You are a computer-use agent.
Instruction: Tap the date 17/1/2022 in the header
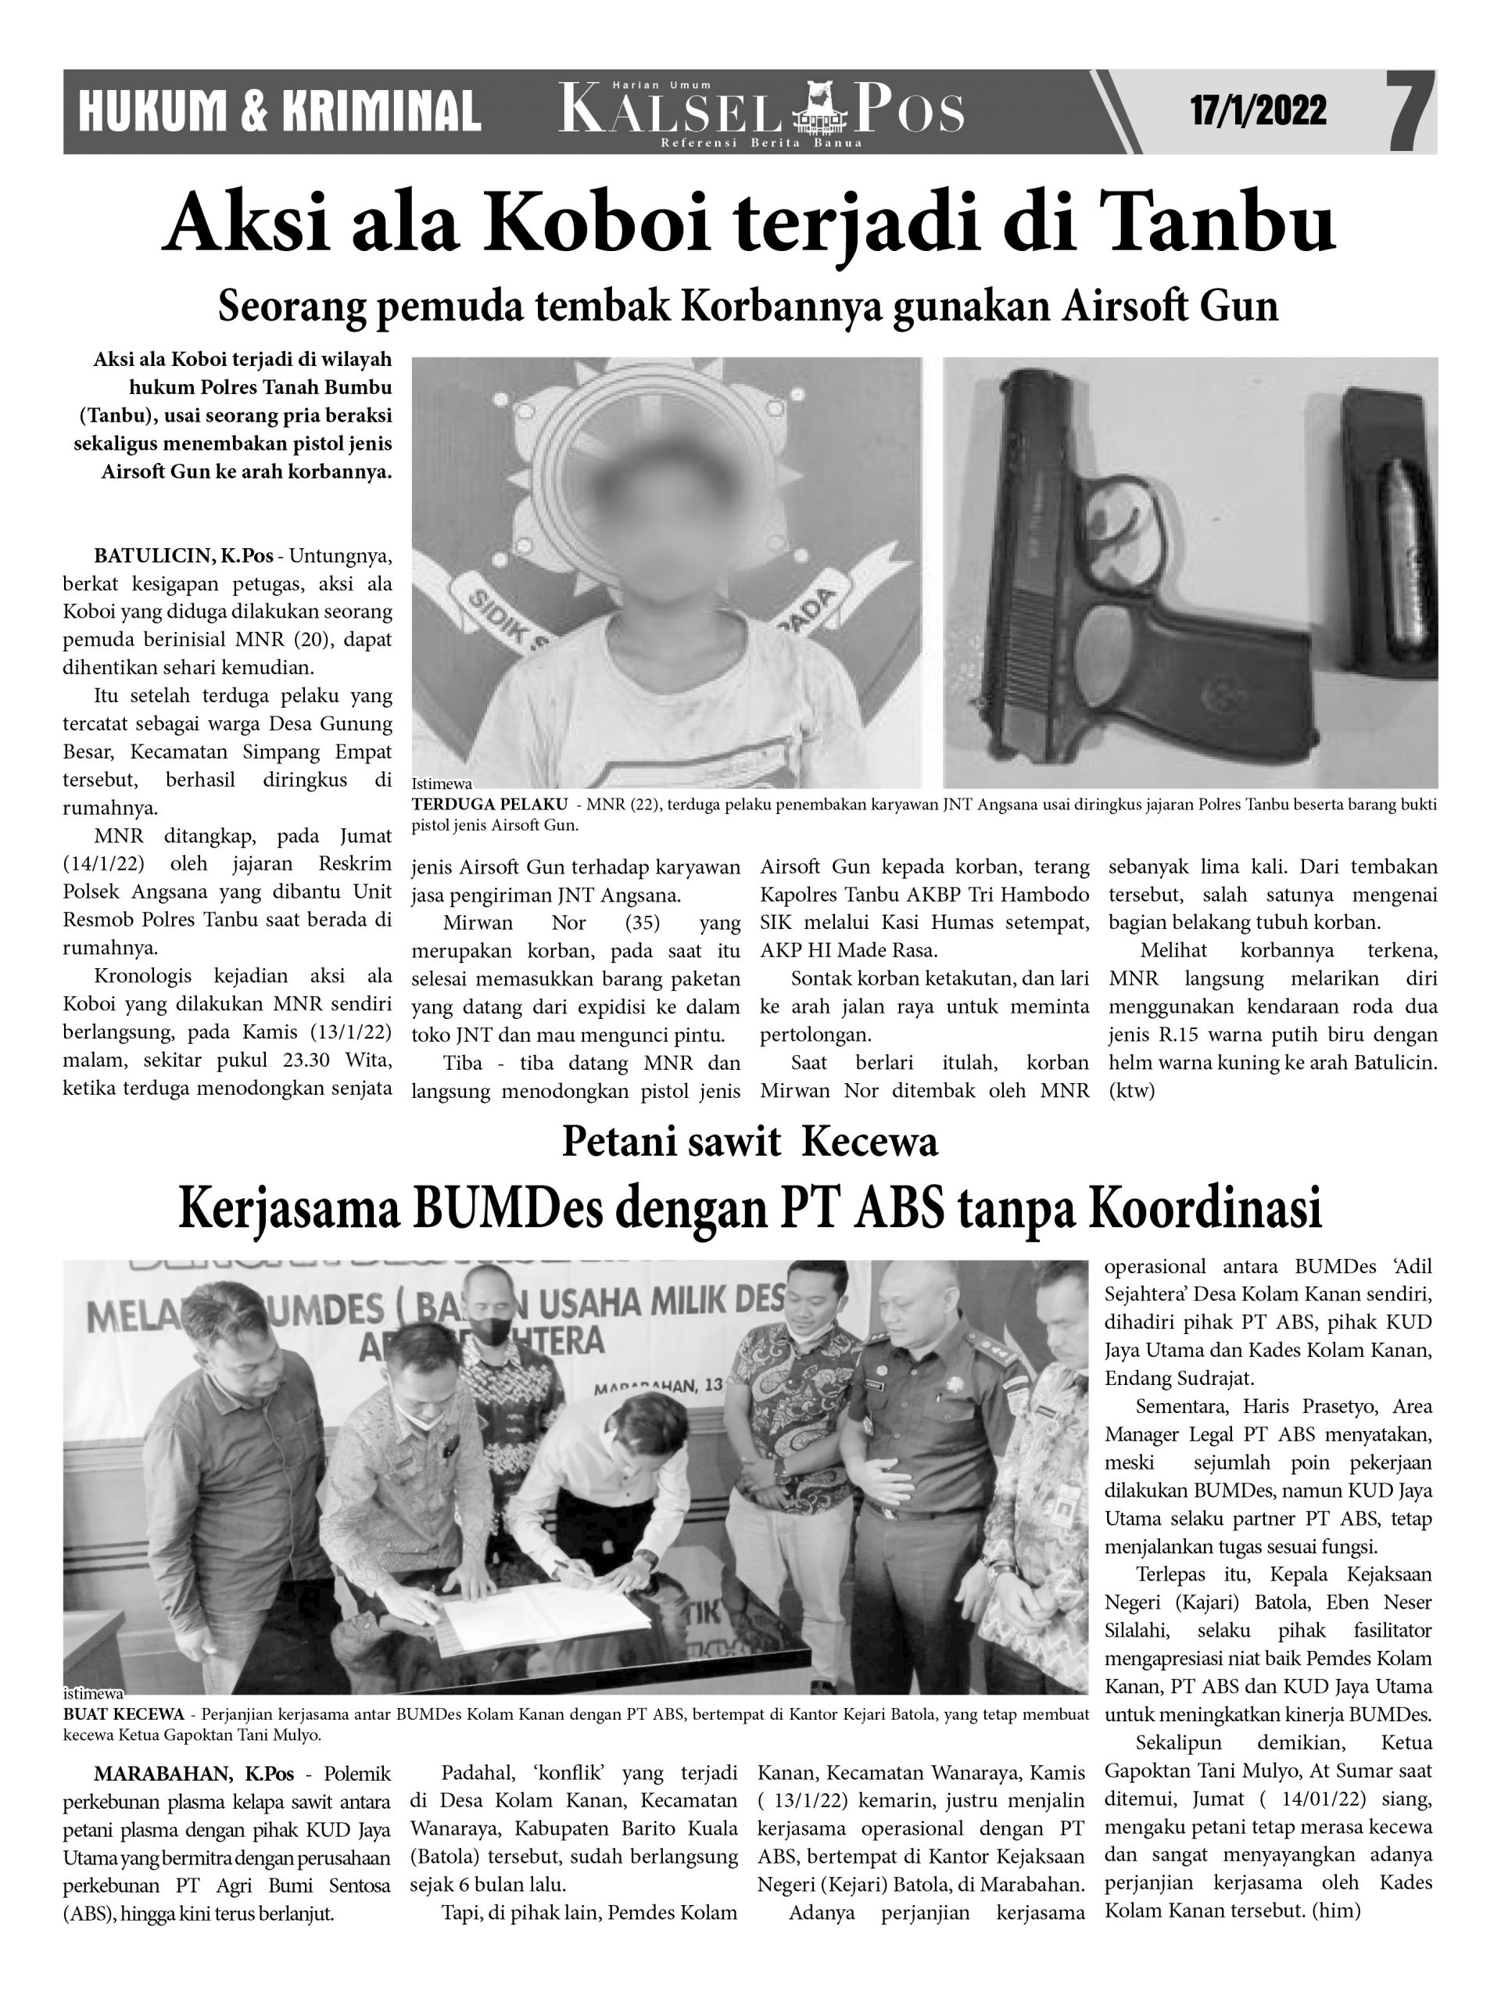[x=1258, y=110]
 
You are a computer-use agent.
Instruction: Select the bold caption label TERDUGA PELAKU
[x=489, y=804]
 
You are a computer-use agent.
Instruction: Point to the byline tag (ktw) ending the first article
[x=1132, y=1091]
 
